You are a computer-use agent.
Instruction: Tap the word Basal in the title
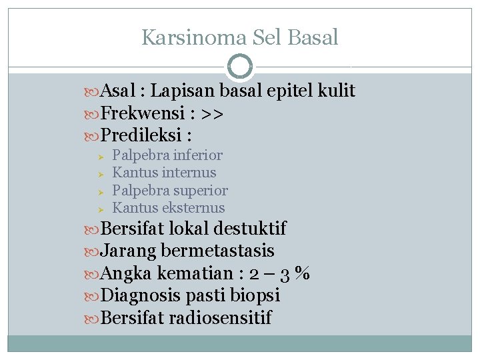(313, 37)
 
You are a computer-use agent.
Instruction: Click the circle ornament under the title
(240, 67)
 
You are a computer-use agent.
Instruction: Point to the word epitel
(290, 91)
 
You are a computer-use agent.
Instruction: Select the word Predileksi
(139, 136)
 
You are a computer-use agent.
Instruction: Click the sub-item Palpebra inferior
(167, 155)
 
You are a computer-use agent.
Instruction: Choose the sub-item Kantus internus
(164, 173)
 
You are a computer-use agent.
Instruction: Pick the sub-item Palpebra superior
(170, 191)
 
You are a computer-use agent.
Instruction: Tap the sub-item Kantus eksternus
(169, 208)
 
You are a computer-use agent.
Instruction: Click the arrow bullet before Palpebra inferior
(98, 156)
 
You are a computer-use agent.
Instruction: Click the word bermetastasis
(217, 251)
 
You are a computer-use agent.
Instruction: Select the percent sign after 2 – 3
(303, 274)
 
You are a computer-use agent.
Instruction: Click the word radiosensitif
(220, 318)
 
